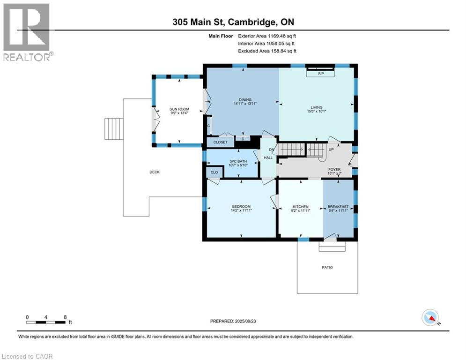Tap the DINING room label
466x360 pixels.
click(245, 99)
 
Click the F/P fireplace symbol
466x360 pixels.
click(321, 74)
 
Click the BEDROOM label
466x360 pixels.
click(241, 207)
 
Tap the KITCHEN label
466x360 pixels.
click(301, 207)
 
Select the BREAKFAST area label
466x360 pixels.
click(337, 207)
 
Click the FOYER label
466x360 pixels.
click(334, 170)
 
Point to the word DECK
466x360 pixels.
click(155, 172)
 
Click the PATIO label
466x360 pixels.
click(327, 267)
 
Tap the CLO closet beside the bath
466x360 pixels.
click(214, 172)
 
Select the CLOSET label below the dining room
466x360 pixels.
click(220, 142)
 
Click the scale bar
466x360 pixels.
click(46, 322)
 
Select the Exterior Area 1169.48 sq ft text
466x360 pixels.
click(267, 36)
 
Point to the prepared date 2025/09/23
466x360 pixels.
click(233, 321)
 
